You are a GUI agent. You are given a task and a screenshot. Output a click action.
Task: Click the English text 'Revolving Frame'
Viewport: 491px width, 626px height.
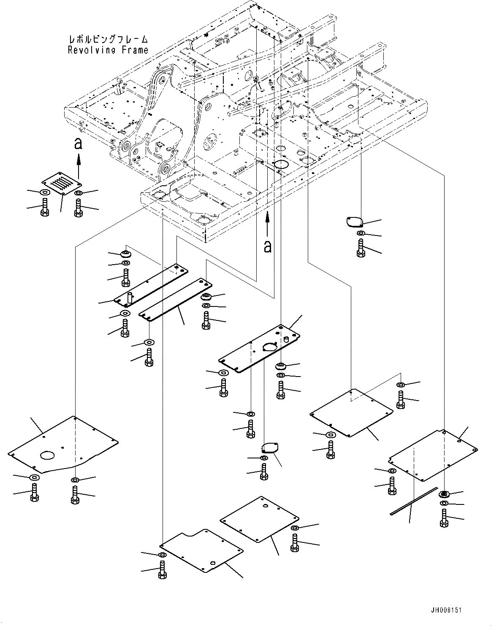[x=108, y=50]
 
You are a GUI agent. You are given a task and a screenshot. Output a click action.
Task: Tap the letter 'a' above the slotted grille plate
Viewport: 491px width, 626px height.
[x=78, y=145]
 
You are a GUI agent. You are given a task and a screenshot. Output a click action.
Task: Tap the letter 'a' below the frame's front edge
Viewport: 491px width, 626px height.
[x=267, y=246]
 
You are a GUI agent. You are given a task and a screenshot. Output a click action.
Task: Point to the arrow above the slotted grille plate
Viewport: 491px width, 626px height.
[x=78, y=165]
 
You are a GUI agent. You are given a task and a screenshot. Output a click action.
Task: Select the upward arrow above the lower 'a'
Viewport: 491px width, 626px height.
[x=267, y=223]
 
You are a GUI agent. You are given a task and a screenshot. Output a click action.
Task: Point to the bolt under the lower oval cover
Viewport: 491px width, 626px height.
[x=264, y=472]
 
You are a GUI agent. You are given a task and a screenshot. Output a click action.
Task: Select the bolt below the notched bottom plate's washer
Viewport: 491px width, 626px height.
[x=163, y=570]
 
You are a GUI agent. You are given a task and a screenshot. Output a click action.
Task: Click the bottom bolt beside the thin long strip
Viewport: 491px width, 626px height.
[x=444, y=518]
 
